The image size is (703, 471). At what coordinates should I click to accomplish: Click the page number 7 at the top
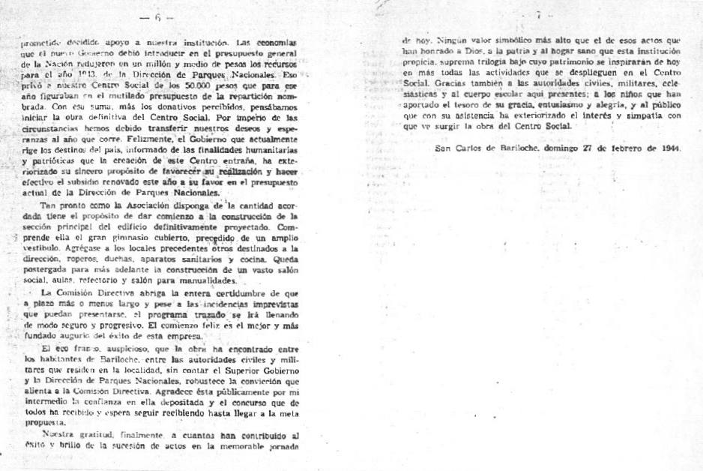click(538, 15)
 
